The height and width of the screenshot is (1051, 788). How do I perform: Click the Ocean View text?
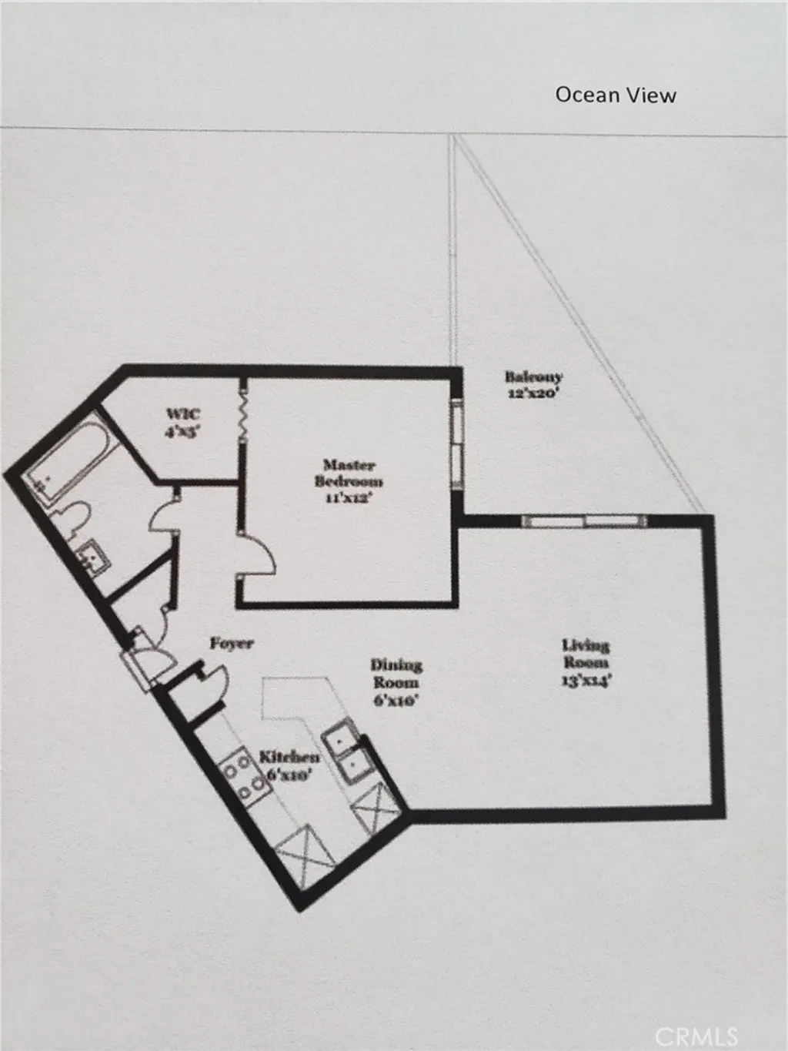pos(616,95)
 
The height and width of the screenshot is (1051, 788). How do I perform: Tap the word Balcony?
pos(533,377)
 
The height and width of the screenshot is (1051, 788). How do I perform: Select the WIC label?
pos(183,415)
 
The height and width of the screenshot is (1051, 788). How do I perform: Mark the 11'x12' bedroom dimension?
pos(349,497)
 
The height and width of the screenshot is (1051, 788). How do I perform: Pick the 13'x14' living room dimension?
pos(586,680)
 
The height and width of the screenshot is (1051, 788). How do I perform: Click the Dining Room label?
pos(396,673)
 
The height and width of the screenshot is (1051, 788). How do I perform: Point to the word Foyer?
pos(232,643)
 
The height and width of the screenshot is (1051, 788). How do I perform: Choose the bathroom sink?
pos(94,556)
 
